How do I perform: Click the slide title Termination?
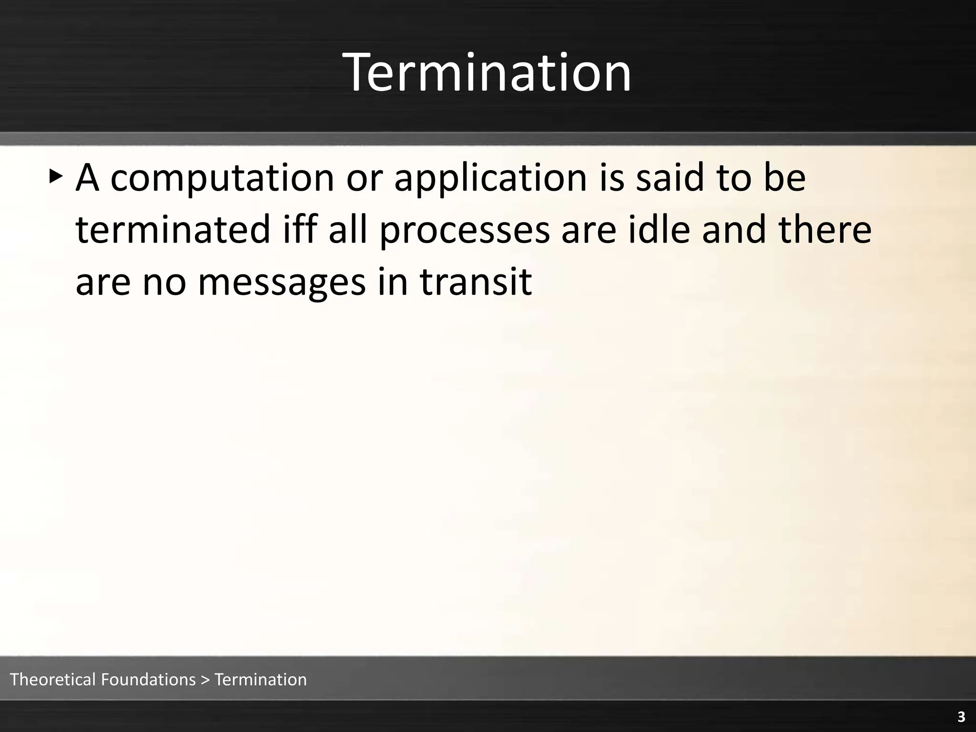[488, 73]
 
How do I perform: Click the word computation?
[222, 178]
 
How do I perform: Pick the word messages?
[282, 282]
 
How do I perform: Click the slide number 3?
[961, 717]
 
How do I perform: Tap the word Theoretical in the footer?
[53, 679]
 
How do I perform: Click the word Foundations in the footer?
[149, 679]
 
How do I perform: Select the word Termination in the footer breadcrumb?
[261, 679]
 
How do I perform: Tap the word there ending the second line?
[825, 229]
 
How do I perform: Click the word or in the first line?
[364, 178]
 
